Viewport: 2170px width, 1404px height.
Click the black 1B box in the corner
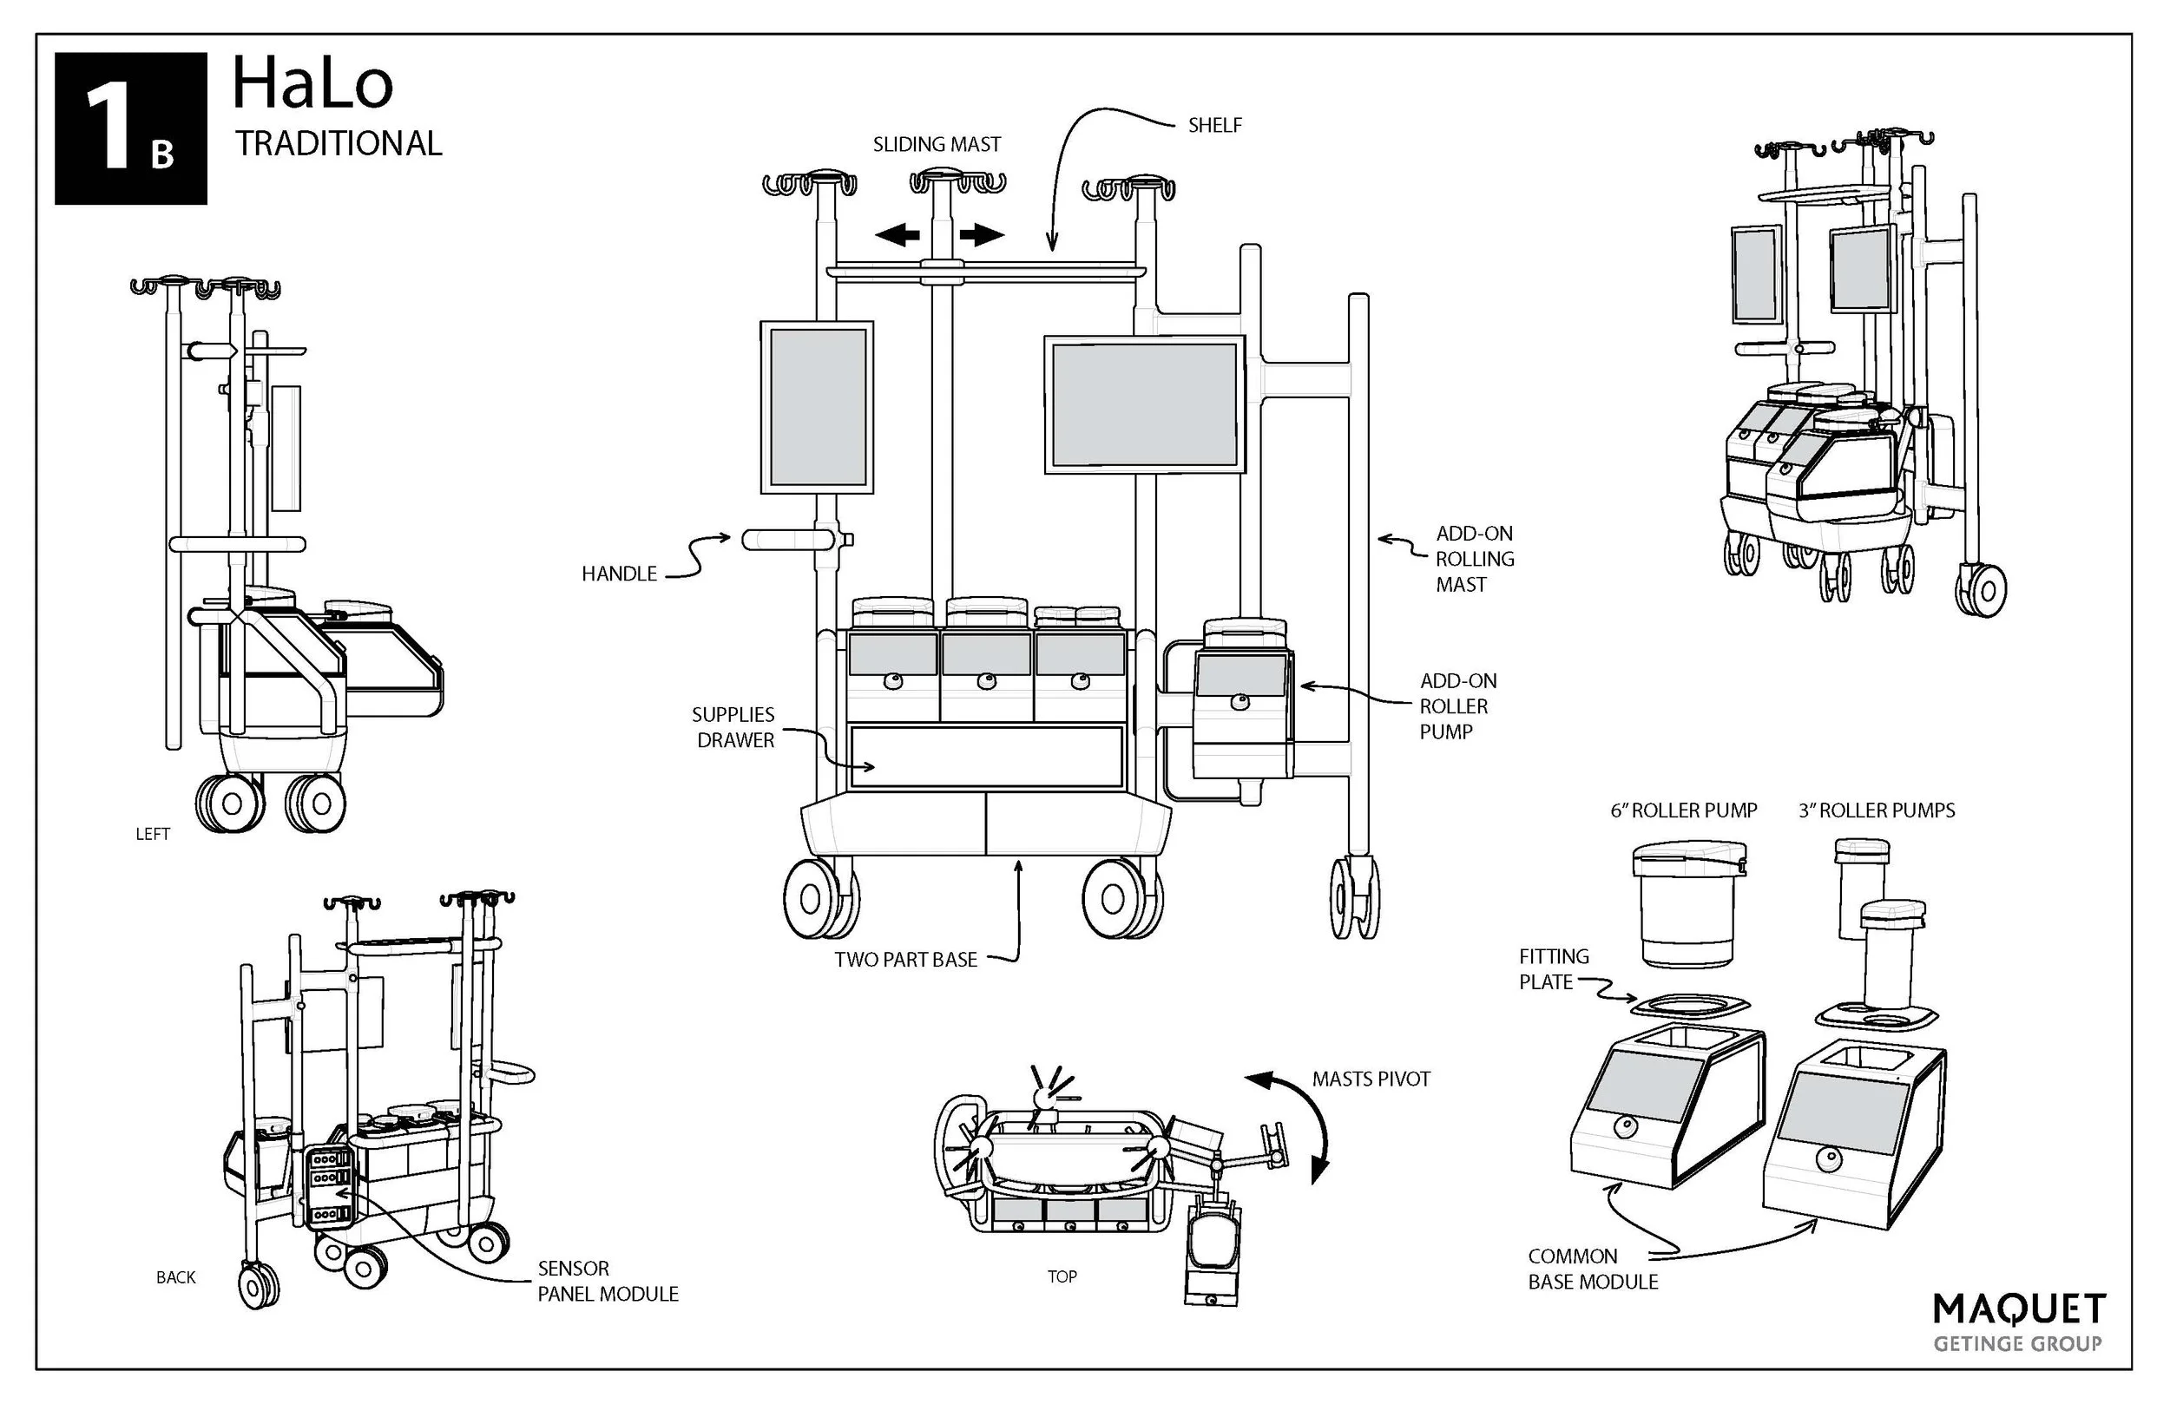coord(130,128)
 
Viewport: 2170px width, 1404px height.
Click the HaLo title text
coord(312,84)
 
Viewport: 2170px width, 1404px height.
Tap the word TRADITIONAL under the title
coord(339,144)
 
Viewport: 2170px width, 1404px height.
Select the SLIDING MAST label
coord(937,145)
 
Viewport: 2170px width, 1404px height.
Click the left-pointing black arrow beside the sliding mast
coord(898,235)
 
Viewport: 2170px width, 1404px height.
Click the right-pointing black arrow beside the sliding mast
coord(981,235)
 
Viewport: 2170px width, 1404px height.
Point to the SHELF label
coord(1214,126)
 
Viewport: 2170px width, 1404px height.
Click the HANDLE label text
coord(619,574)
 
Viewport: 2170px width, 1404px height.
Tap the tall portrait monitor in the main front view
coord(817,407)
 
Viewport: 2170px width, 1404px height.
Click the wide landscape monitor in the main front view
coord(1144,404)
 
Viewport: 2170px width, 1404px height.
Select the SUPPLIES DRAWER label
coord(734,727)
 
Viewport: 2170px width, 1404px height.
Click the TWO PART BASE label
coord(905,959)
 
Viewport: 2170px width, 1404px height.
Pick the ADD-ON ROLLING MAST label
coord(1475,559)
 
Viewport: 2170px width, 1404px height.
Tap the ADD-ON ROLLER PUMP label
coord(1457,705)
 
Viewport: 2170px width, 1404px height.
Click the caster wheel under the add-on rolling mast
coord(1354,897)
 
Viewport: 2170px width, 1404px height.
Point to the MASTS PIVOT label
coord(1371,1079)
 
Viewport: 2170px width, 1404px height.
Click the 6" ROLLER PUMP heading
coord(1683,810)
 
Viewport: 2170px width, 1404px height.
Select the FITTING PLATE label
coord(1554,969)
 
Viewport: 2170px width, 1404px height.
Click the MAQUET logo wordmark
coord(2019,1310)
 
